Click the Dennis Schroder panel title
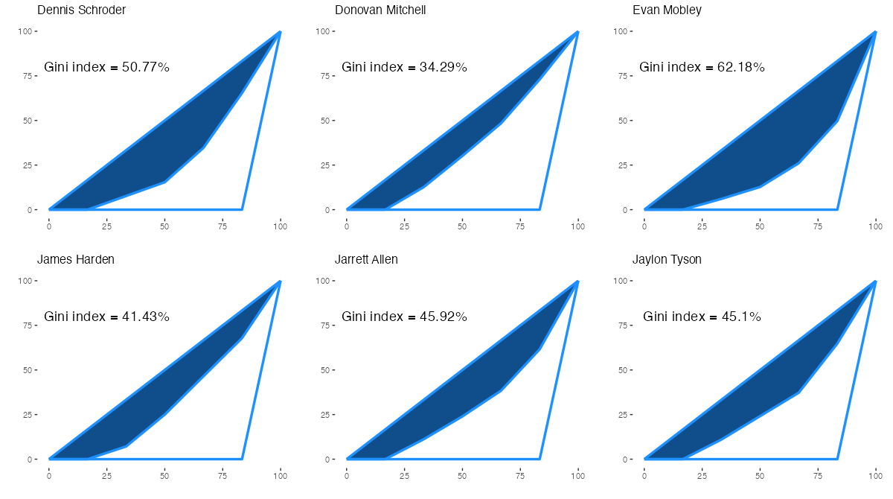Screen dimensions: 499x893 81,10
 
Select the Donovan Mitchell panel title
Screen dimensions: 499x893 380,10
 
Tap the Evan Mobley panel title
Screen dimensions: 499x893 667,10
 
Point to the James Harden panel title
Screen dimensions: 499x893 76,260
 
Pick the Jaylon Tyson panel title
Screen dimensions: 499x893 667,260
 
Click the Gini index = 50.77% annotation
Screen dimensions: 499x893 107,67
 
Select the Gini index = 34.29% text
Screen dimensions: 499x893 405,67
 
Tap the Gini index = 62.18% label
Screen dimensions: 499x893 702,67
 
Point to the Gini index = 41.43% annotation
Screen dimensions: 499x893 107,317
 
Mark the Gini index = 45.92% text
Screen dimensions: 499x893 405,317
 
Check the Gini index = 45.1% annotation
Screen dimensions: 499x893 702,317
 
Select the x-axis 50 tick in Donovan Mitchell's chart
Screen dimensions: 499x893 462,226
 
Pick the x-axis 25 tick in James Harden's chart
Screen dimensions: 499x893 107,475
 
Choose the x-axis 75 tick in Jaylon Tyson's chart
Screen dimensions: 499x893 818,475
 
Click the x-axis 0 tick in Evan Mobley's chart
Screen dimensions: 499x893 644,226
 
